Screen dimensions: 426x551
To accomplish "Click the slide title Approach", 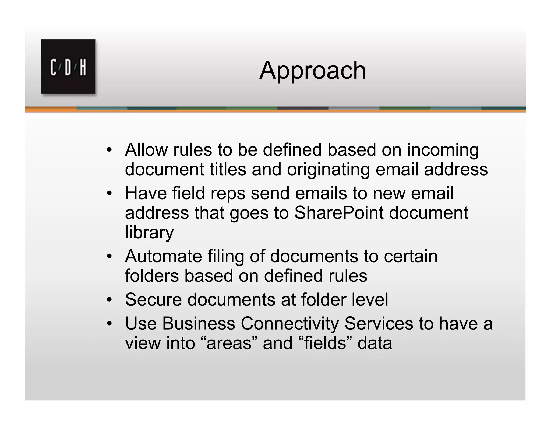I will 312,71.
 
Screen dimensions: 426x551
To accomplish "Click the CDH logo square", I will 68,67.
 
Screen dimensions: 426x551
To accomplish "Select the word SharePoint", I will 339,213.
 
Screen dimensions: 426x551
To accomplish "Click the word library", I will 149,232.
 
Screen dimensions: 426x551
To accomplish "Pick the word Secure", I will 153,299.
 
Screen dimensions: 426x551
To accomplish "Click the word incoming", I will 443,150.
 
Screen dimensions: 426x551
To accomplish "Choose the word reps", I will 228,193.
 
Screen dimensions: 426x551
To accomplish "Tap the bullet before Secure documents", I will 109,300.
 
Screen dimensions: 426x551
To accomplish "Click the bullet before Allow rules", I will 109,150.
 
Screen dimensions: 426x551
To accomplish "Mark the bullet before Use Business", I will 109,323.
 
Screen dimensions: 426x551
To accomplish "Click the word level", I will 371,299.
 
